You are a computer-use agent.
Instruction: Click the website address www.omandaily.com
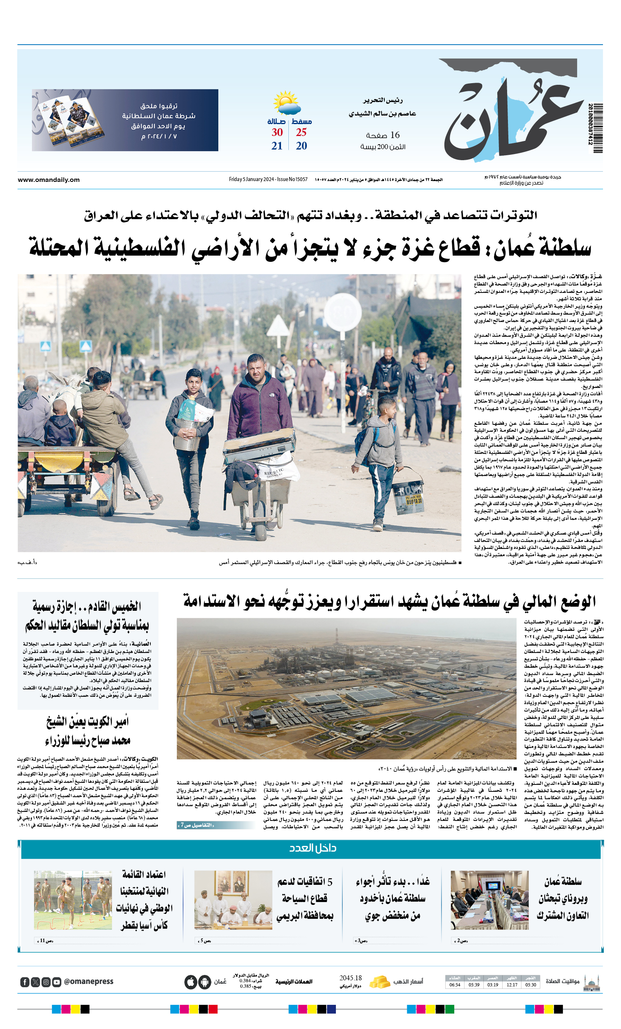tap(48, 180)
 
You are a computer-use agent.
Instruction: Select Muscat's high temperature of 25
tap(301, 132)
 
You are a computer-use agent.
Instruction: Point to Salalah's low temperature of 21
tap(277, 146)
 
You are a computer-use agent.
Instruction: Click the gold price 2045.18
tap(350, 978)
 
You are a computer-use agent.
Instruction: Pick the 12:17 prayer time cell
tap(512, 985)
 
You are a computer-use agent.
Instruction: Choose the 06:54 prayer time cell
tap(455, 985)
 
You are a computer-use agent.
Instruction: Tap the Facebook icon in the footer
tap(25, 982)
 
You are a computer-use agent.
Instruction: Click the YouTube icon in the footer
tap(57, 982)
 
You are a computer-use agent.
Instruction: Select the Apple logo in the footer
tap(190, 982)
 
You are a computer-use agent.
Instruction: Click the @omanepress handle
tap(88, 981)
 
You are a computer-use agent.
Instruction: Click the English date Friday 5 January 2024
tap(268, 179)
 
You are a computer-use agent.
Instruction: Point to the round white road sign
tap(342, 312)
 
